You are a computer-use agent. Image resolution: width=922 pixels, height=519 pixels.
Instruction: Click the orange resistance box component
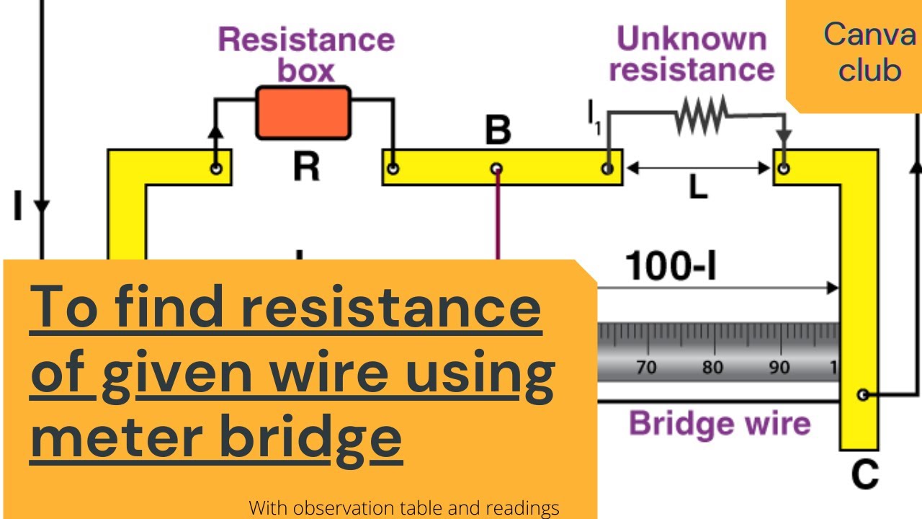[x=303, y=112]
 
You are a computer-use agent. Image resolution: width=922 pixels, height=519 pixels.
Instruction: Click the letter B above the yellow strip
[x=497, y=131]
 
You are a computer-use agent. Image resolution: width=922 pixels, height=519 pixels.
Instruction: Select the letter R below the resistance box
[x=306, y=167]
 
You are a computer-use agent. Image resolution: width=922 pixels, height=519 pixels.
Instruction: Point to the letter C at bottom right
[x=864, y=474]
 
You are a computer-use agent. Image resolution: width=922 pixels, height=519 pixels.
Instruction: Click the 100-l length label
[x=671, y=267]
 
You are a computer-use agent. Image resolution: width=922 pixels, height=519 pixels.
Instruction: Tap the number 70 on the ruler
[x=646, y=368]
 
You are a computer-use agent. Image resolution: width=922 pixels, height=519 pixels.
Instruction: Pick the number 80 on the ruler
[x=712, y=368]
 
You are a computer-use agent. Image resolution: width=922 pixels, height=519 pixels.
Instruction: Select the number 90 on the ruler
[x=779, y=368]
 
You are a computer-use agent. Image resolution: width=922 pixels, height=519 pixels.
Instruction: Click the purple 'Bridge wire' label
[x=720, y=423]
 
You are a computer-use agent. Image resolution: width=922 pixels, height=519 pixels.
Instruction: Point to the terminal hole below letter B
[x=496, y=169]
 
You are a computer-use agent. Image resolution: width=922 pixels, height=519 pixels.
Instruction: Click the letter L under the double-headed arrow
[x=697, y=188]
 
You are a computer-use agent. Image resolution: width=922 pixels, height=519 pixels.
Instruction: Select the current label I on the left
[x=18, y=205]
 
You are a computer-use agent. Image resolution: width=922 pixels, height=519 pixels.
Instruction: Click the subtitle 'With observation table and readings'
[x=404, y=508]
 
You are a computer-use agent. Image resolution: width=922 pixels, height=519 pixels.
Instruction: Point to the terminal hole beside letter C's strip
[x=861, y=394]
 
